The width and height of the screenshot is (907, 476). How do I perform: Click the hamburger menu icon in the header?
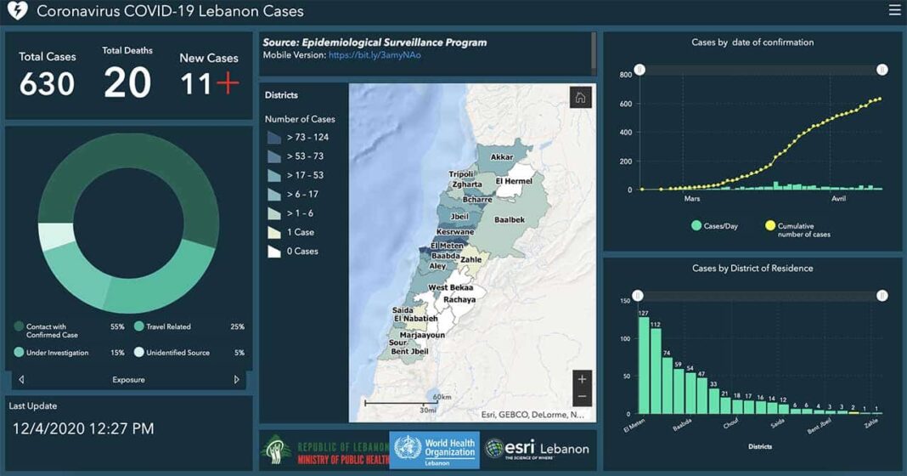pos(894,11)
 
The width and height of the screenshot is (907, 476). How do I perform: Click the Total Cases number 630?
pos(48,84)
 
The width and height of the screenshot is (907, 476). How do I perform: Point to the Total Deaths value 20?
pos(127,82)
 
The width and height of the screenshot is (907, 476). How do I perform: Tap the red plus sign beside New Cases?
pos(227,83)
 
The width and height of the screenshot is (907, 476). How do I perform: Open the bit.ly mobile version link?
pos(375,55)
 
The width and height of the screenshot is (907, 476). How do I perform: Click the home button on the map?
pos(581,98)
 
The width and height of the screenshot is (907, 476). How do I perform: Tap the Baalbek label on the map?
pos(510,219)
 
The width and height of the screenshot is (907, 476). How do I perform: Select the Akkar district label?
pos(502,157)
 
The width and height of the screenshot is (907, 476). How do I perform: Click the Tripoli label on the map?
pos(462,174)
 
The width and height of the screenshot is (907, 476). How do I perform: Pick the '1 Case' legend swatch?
pos(274,232)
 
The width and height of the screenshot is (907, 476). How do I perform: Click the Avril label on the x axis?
pos(837,199)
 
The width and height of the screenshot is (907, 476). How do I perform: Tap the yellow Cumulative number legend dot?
pos(770,225)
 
